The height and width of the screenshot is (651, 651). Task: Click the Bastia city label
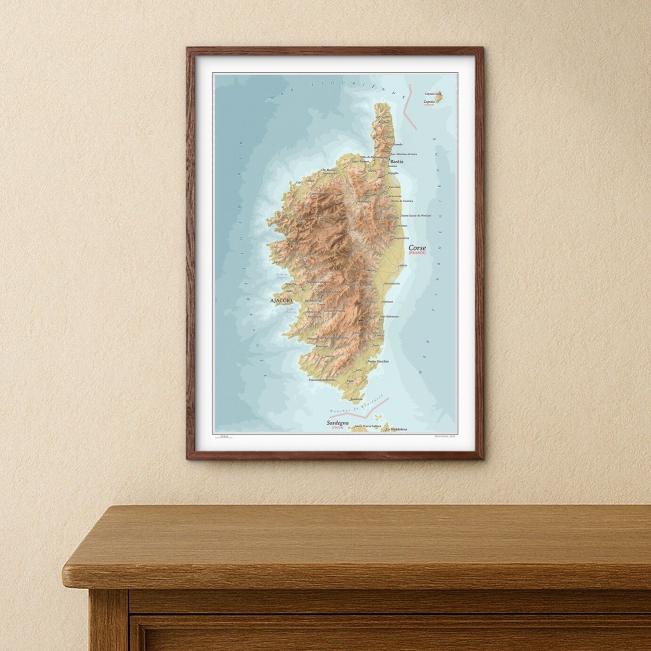click(396, 161)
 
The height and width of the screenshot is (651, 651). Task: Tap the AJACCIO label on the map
click(280, 300)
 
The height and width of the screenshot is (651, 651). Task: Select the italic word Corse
click(417, 247)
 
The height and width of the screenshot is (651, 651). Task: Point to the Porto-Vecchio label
click(378, 361)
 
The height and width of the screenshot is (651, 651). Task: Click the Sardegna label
click(338, 423)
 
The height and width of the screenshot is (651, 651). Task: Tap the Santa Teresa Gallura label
click(368, 426)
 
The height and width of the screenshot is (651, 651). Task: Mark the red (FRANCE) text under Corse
click(417, 253)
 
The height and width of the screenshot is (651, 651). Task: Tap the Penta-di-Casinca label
click(402, 201)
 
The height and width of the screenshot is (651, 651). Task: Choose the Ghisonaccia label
click(392, 283)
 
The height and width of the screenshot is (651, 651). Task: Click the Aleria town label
click(403, 265)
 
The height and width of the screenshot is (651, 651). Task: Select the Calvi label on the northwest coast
click(298, 183)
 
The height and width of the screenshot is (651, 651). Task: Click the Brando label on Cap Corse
click(397, 144)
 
